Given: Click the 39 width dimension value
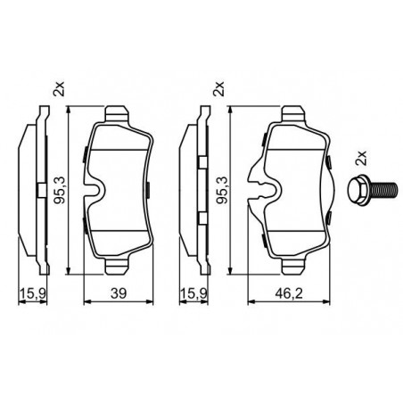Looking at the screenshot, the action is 119,293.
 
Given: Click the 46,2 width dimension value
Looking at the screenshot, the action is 289,293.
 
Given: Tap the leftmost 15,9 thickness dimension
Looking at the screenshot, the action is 33,293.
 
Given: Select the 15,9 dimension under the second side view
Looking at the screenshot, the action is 193,293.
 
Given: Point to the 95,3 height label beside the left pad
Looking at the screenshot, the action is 59,190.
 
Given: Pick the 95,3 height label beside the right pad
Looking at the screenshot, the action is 221,190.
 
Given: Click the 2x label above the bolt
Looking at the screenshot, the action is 361,158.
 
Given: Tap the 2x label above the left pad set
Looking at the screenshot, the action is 59,88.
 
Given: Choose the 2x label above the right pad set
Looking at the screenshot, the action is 218,88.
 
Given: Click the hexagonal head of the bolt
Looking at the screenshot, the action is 358,190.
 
